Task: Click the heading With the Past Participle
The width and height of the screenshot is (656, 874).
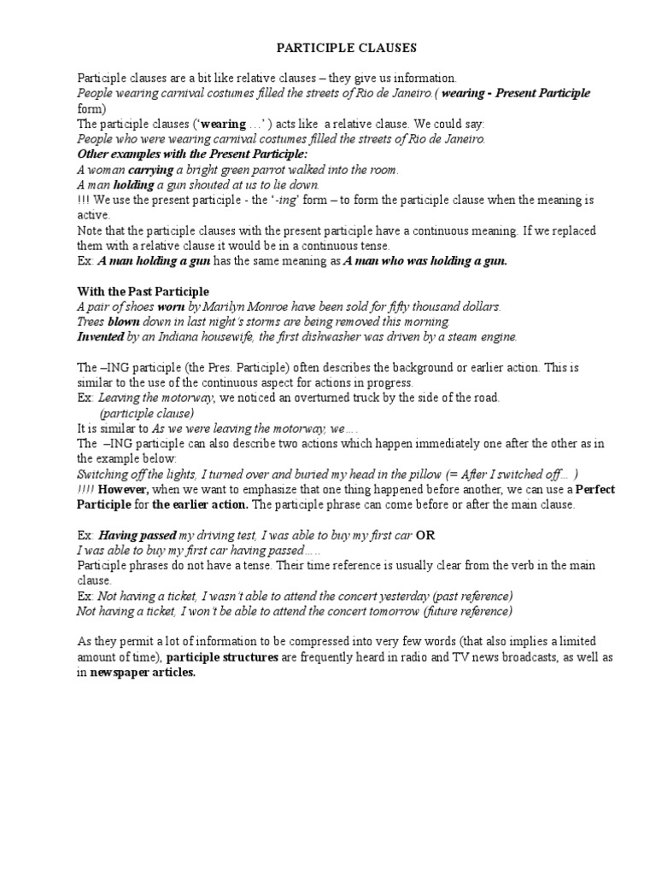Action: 143,291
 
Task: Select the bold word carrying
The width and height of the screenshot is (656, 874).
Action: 151,170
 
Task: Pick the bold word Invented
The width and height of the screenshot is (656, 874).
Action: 100,337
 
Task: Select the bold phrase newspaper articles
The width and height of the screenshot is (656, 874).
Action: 143,673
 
